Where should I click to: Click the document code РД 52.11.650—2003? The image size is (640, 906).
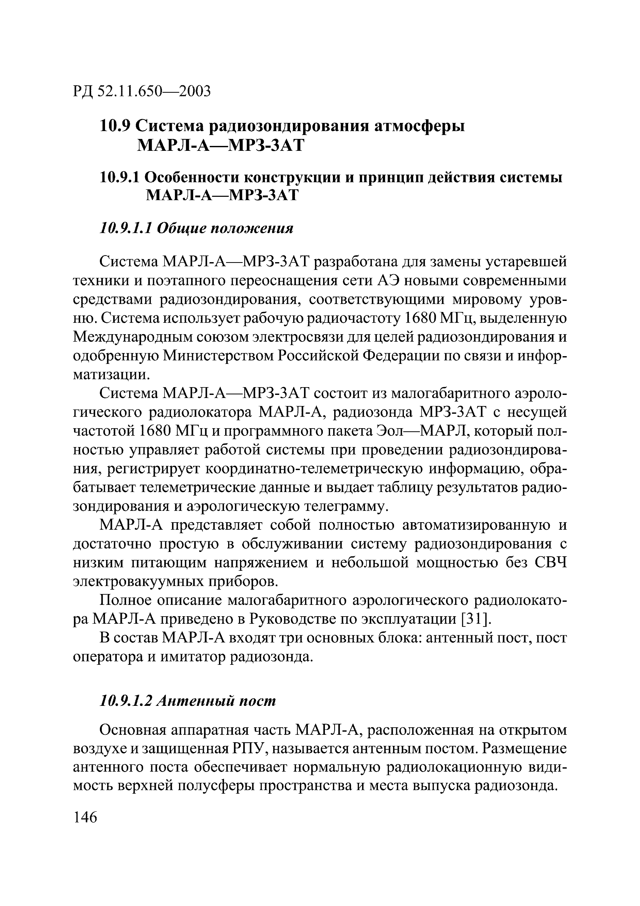pos(142,91)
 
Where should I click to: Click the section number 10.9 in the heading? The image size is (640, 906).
pos(114,126)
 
